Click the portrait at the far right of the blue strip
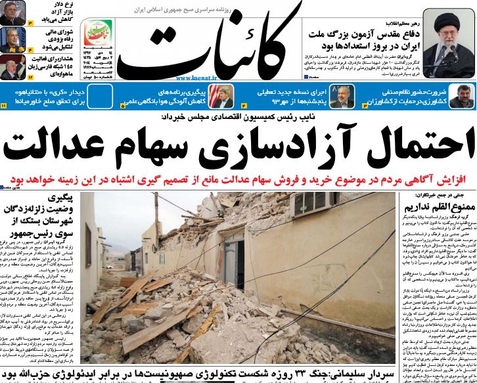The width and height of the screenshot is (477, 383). (x=463, y=97)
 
